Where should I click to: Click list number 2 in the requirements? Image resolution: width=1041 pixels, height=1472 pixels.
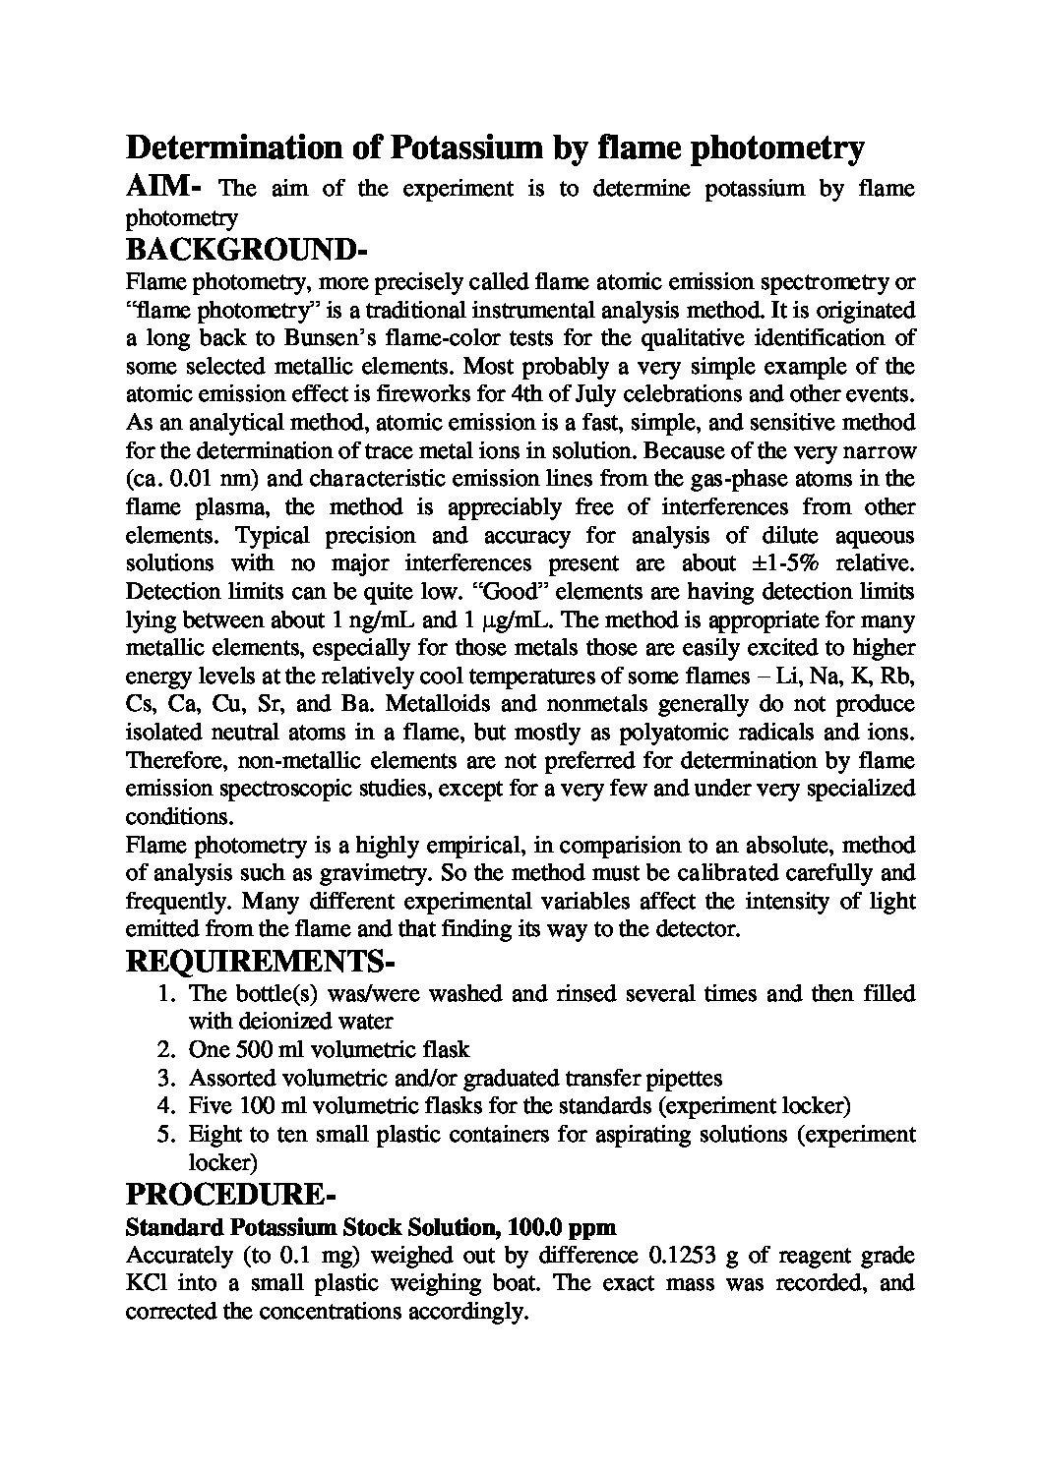[166, 1050]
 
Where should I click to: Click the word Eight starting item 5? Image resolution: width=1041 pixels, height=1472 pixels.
[214, 1135]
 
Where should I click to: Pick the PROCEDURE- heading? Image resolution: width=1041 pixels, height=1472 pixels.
[231, 1196]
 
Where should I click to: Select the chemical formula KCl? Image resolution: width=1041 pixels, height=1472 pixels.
[144, 1283]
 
